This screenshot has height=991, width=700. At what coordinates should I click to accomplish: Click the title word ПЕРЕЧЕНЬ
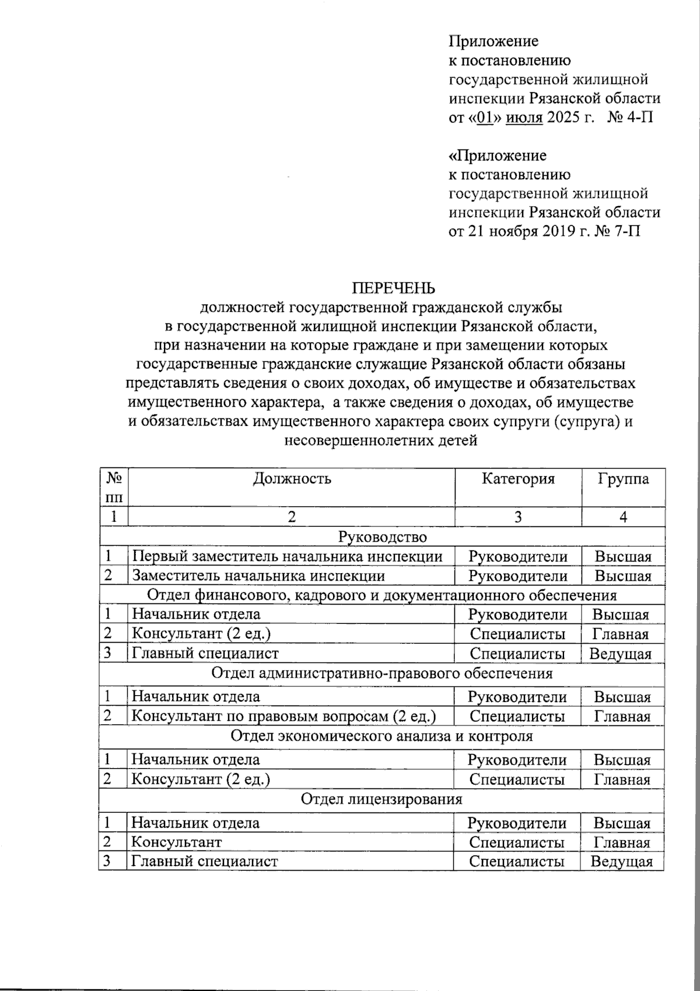point(393,288)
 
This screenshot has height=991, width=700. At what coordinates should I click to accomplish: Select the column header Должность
point(292,479)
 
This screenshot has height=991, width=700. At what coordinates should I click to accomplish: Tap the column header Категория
point(518,479)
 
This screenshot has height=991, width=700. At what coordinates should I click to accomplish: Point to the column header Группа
point(623,479)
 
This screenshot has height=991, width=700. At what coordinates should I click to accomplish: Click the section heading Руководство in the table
point(383,536)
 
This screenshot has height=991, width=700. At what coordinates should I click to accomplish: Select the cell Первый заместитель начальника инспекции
point(286,556)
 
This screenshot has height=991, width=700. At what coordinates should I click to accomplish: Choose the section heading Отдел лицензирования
point(381,798)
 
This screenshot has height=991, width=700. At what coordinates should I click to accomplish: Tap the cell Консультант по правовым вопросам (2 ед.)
point(283,716)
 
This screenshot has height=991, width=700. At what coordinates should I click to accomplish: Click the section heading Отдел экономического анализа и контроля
point(381,735)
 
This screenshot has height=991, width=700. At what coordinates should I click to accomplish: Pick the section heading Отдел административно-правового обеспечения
point(381,673)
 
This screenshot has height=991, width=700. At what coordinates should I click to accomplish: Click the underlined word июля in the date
point(524,117)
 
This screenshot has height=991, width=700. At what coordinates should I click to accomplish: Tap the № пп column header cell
point(114,488)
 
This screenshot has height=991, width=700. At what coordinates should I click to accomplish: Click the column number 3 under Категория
point(518,517)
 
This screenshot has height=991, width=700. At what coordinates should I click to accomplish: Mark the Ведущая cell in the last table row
point(621,861)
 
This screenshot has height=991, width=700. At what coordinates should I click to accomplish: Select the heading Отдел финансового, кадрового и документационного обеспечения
point(381,595)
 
